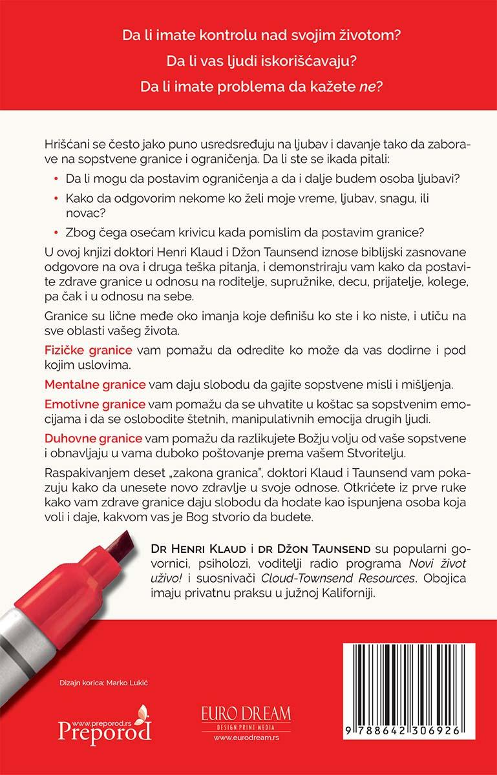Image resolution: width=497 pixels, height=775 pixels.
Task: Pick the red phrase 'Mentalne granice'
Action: (x=94, y=384)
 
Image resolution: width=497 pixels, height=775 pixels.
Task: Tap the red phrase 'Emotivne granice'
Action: (x=94, y=404)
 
